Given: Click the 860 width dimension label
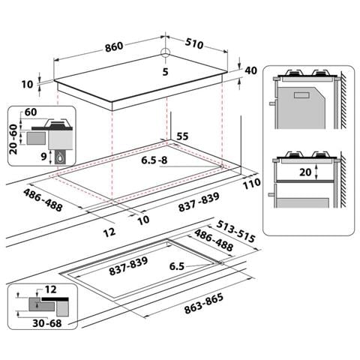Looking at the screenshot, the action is tap(114, 46).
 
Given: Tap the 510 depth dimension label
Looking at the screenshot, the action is tap(194, 43).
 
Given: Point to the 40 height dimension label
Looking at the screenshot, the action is tap(250, 70).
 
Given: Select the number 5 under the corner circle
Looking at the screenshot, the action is tap(165, 72).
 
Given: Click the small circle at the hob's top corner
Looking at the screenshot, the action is tap(165, 52).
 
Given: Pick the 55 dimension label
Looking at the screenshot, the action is tap(182, 136).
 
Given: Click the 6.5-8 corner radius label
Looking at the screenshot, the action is tap(154, 160).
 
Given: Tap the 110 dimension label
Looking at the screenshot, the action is tap(252, 184).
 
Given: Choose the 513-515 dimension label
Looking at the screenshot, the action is tap(235, 232).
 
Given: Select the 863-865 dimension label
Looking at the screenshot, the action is tap(203, 304).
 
